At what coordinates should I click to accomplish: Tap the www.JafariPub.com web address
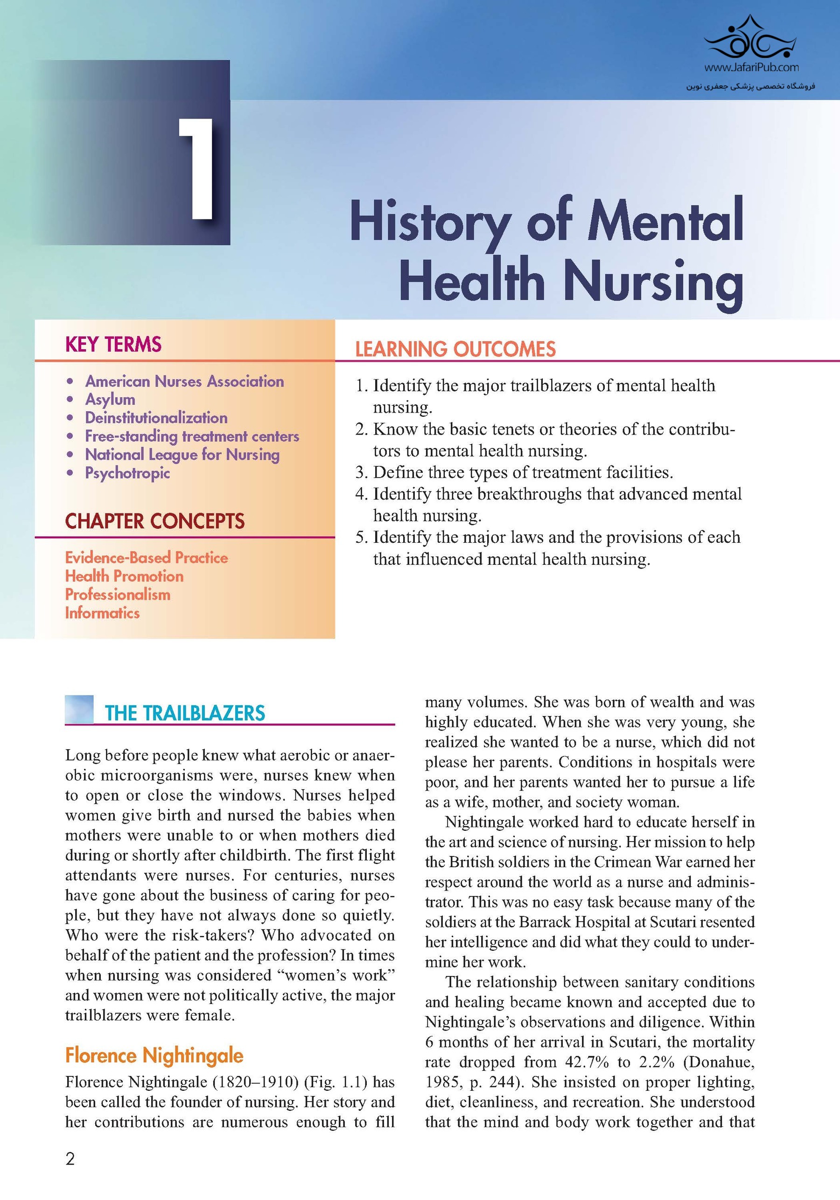pos(751,67)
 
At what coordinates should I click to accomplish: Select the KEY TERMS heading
pos(113,344)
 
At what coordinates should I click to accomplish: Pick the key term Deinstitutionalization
pos(156,418)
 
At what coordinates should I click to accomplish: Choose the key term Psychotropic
pos(127,473)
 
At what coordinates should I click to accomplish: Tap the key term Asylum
pos(110,400)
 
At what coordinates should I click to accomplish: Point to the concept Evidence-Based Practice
pos(147,558)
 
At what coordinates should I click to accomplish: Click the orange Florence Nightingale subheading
pos(154,1055)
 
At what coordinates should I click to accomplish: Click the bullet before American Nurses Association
pos(70,381)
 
